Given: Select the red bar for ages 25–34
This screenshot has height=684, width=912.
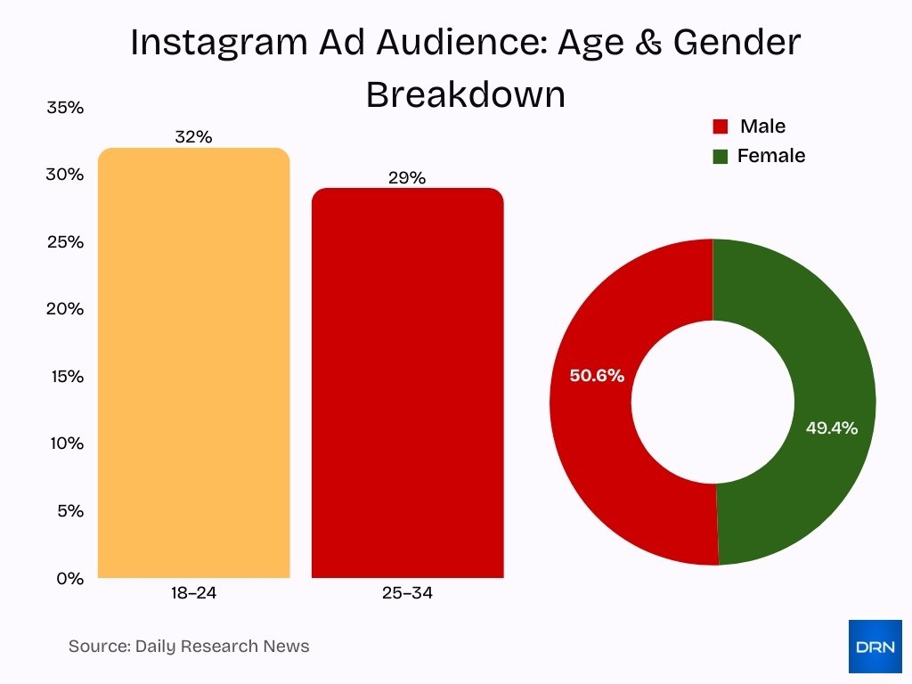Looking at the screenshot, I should click(x=407, y=383).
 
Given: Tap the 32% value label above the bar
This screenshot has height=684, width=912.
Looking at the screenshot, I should click(x=193, y=137).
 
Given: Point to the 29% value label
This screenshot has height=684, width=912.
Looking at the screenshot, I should click(x=407, y=178).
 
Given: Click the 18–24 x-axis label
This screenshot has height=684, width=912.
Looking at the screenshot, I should click(x=193, y=593).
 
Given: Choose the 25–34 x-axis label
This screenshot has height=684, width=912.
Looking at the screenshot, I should click(x=407, y=593).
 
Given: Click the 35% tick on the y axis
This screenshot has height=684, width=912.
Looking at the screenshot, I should click(x=65, y=108).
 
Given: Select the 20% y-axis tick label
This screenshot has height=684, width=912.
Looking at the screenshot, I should click(x=65, y=309).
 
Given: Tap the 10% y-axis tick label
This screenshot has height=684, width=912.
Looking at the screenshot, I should click(x=65, y=444).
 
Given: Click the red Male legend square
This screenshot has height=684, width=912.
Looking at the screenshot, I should click(x=721, y=126).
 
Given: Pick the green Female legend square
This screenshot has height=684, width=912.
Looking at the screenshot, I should click(x=721, y=157).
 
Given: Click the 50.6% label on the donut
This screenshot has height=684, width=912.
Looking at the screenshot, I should click(x=597, y=376).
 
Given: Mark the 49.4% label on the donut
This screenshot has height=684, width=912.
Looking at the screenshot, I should click(x=831, y=428).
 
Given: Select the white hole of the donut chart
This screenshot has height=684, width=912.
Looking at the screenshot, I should click(x=712, y=402).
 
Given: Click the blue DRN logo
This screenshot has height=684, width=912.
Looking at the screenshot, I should click(x=875, y=647).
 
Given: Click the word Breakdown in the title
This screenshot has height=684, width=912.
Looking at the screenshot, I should click(x=466, y=94).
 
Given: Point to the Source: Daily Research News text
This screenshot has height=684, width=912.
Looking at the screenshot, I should click(x=189, y=647).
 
